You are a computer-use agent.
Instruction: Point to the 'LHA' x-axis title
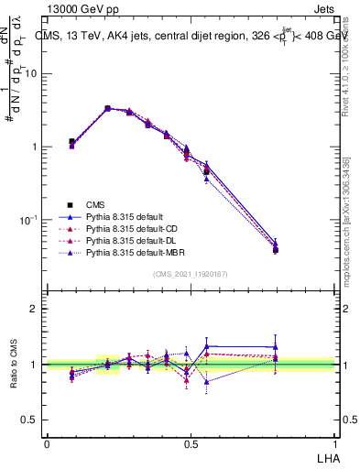click(x=326, y=456)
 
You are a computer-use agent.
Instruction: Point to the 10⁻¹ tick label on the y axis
click(x=29, y=220)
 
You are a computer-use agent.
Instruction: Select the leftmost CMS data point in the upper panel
click(x=71, y=142)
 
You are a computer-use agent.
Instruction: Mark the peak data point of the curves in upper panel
click(x=107, y=108)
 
